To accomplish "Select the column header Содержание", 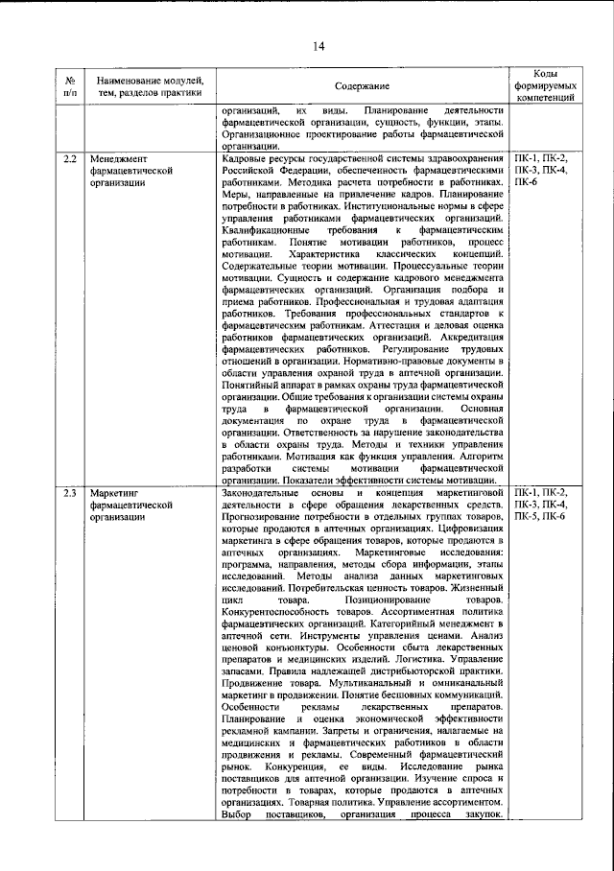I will click(363, 85).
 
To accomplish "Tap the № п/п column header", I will click(71, 85).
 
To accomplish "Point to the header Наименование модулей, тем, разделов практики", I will click(149, 85).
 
